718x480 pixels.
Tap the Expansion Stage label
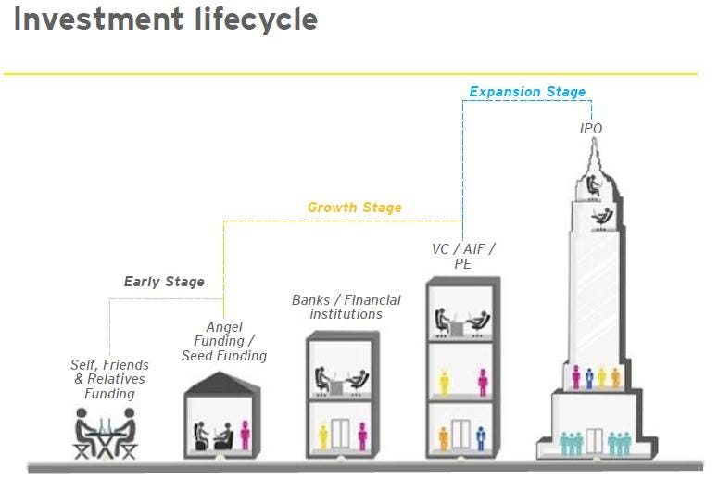(527, 92)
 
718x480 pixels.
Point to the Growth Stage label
(355, 208)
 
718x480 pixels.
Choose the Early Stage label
(164, 282)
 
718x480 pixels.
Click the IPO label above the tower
(590, 129)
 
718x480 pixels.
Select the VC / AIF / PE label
(463, 256)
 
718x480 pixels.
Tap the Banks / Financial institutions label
(346, 307)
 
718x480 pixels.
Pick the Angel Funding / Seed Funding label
(223, 341)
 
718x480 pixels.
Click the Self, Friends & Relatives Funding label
(108, 379)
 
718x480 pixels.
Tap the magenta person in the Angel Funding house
(246, 434)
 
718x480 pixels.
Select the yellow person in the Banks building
(323, 436)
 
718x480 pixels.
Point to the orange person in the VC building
(444, 436)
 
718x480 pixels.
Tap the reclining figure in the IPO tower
(602, 217)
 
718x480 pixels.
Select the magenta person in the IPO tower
(575, 376)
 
